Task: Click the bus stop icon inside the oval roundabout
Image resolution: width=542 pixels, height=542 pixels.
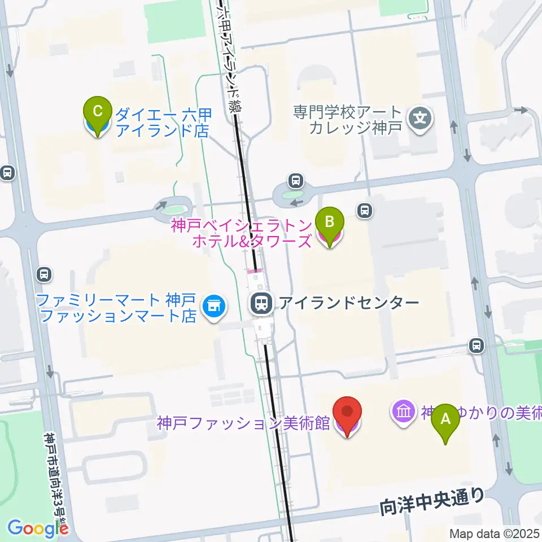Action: pos(295,181)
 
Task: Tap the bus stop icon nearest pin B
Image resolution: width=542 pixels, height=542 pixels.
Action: pos(365,211)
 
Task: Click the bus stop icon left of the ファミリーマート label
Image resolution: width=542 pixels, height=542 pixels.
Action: pos(43,275)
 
